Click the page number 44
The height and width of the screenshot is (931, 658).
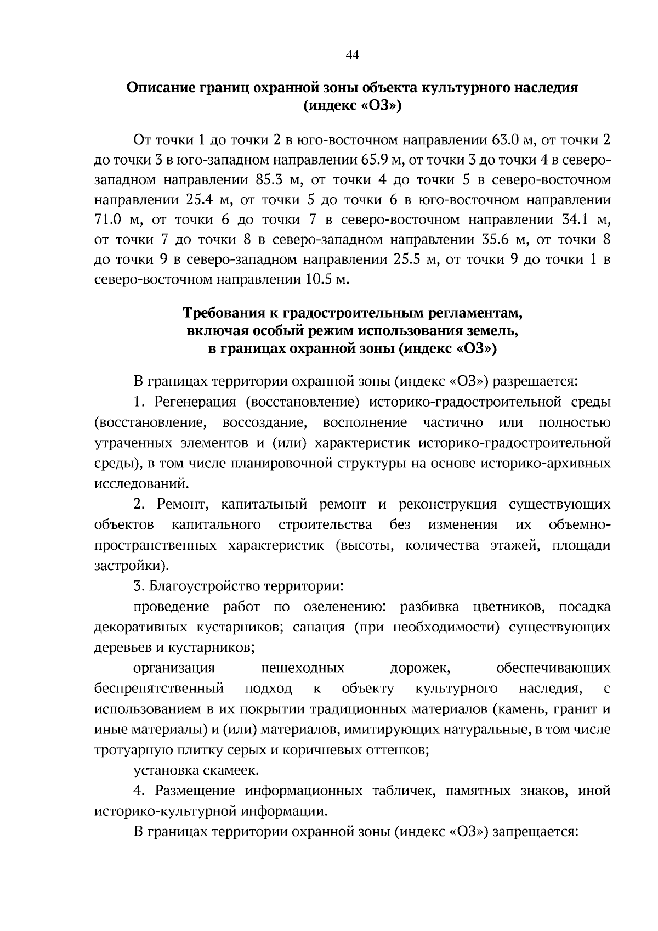tap(352, 55)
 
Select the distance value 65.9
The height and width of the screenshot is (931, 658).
tap(375, 160)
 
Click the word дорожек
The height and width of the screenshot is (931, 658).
tap(421, 668)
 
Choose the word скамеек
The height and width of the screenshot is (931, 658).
tap(232, 771)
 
